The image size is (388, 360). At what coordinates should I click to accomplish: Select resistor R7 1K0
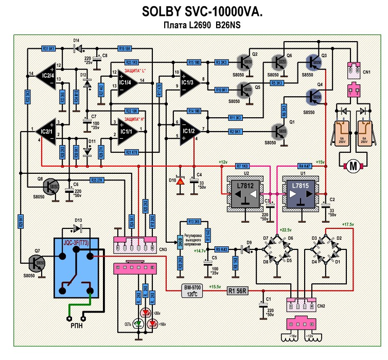241,166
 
